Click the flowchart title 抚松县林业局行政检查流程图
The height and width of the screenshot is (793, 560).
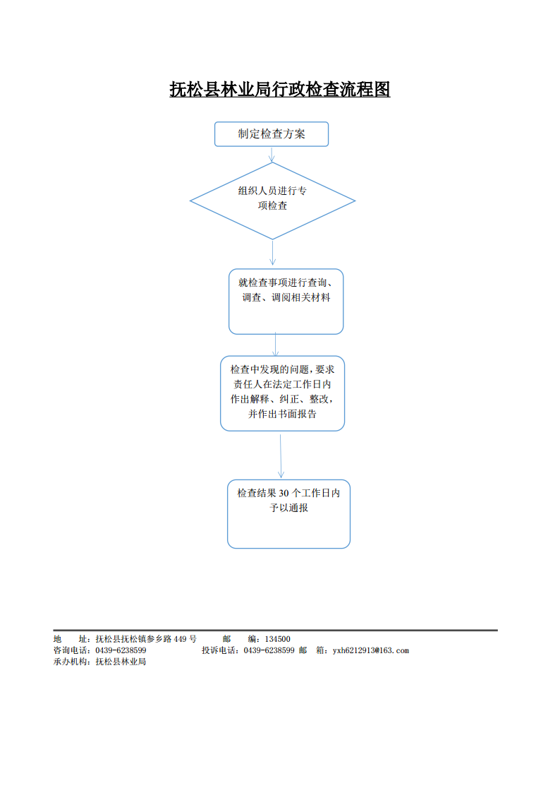[x=280, y=90]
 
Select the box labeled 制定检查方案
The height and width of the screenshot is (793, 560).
[x=272, y=134]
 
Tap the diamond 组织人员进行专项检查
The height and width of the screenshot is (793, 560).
[x=272, y=201]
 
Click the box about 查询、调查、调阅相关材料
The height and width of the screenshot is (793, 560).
[x=286, y=302]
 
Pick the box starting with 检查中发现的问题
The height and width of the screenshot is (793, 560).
[x=282, y=393]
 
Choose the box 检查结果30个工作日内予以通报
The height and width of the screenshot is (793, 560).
[x=288, y=514]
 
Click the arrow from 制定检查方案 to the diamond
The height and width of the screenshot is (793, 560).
[x=272, y=154]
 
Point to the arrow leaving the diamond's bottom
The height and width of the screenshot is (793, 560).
[x=272, y=253]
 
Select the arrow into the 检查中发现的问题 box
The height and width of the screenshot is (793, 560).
[x=276, y=345]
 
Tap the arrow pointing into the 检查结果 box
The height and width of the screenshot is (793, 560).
[x=281, y=456]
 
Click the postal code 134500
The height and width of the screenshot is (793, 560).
[x=277, y=639]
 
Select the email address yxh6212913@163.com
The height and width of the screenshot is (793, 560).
[x=370, y=650]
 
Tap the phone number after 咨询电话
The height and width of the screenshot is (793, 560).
[x=121, y=650]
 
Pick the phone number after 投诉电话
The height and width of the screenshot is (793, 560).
[x=269, y=650]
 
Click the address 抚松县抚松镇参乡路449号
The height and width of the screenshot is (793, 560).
[x=146, y=639]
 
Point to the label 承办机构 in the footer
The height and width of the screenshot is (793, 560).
[x=70, y=662]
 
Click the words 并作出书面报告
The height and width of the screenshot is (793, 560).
[x=282, y=415]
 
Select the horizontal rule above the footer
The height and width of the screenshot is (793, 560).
[x=275, y=630]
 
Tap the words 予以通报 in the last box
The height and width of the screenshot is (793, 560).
[x=288, y=508]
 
